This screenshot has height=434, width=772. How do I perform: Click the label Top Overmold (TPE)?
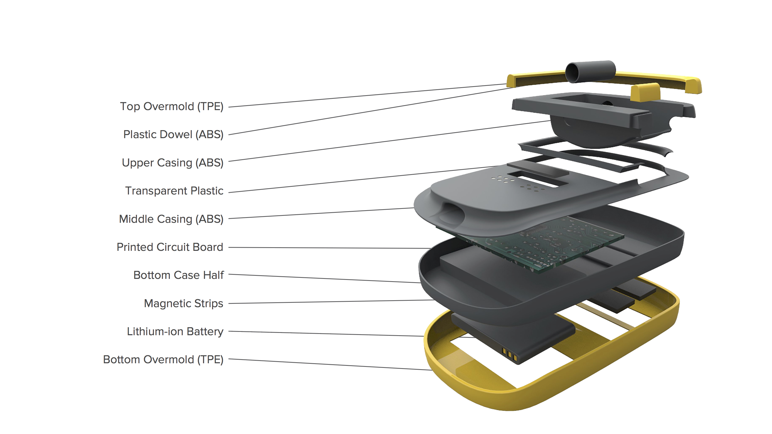click(172, 106)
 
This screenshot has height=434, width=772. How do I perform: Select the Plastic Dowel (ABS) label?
click(173, 135)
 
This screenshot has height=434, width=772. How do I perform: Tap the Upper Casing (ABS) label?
click(173, 163)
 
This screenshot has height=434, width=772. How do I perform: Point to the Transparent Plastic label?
click(174, 191)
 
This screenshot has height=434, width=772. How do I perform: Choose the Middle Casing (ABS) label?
click(171, 219)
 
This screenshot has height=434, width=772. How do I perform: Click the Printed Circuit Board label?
click(170, 247)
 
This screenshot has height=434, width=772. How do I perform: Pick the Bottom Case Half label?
click(178, 275)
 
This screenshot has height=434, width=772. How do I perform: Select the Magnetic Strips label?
click(183, 303)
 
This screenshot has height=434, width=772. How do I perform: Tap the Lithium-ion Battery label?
click(175, 332)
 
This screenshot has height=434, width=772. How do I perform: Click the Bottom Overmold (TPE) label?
click(163, 359)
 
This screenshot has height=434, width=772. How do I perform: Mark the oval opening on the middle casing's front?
click(453, 211)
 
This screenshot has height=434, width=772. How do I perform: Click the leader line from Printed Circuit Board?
click(330, 248)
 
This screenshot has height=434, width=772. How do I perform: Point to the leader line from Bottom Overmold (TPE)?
click(330, 365)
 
